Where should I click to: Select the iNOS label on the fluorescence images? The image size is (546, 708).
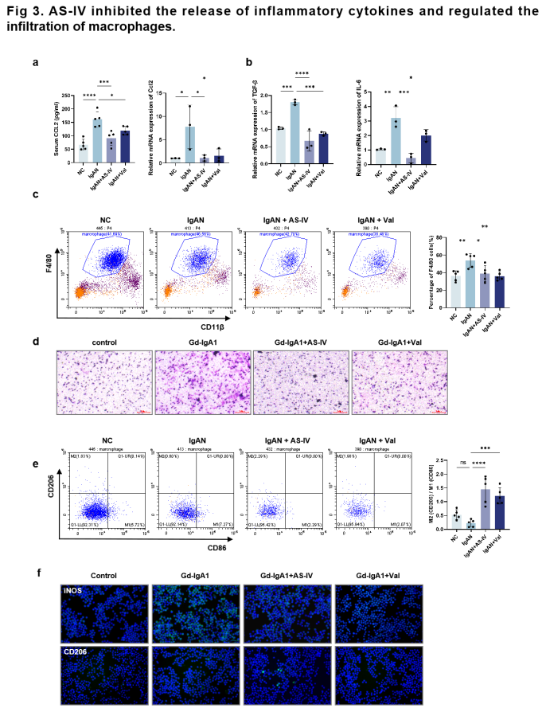click(75, 591)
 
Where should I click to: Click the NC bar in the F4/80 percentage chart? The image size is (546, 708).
click(455, 290)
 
